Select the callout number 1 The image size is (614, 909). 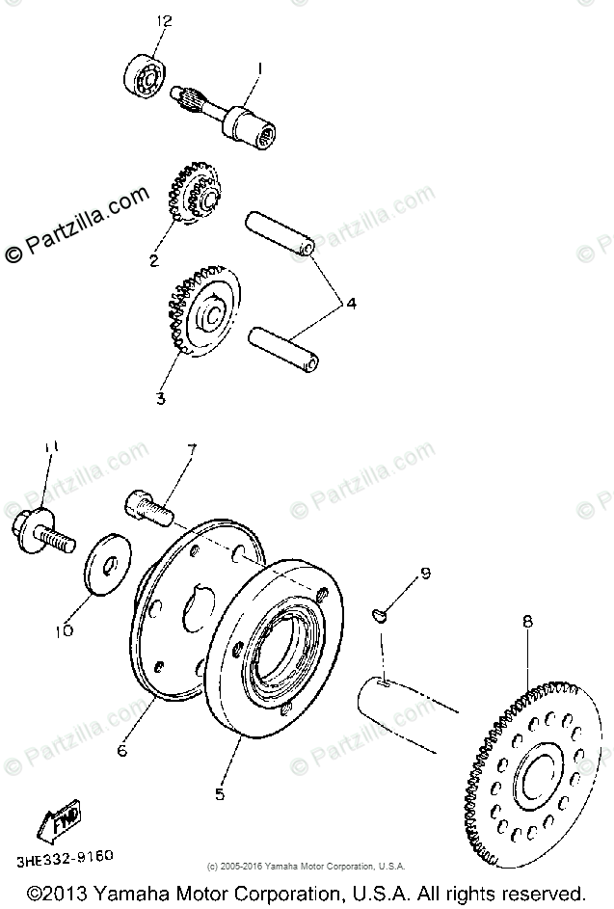pos(257,68)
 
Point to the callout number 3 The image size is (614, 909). pos(161,396)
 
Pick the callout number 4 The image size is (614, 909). pos(352,304)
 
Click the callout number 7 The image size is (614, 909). pos(191,449)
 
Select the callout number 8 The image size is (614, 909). pos(527,623)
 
